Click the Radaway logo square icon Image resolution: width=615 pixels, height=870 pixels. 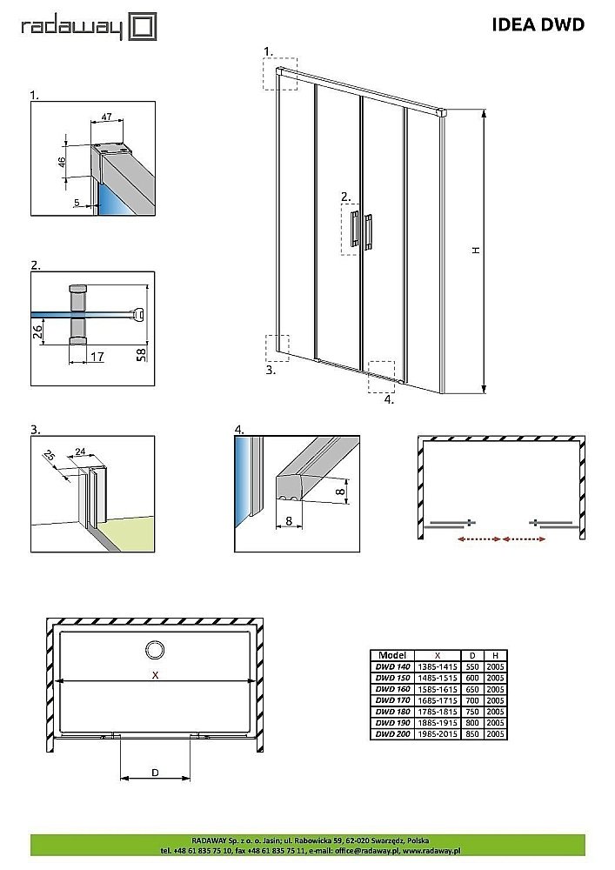(x=144, y=27)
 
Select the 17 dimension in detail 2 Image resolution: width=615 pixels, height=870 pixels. (x=96, y=357)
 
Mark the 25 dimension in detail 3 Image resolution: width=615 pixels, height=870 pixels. (x=50, y=455)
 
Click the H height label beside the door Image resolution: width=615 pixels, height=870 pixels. (x=476, y=250)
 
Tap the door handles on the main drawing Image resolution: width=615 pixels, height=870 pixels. (x=361, y=230)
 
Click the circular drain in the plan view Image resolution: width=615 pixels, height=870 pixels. (x=156, y=649)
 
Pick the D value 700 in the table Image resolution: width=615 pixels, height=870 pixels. (x=471, y=699)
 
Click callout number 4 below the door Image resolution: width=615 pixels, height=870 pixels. (x=389, y=400)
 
